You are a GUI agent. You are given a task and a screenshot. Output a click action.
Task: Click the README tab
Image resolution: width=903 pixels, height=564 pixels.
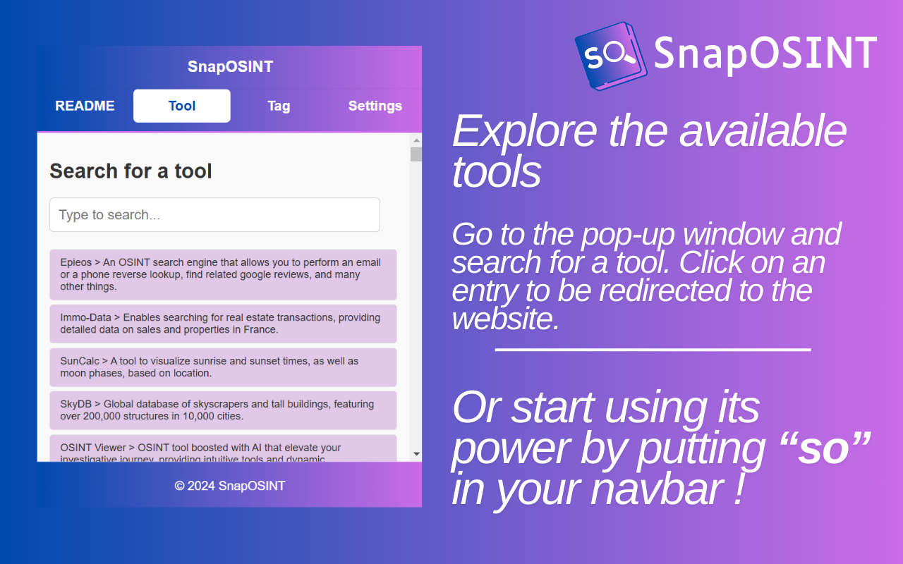(x=85, y=106)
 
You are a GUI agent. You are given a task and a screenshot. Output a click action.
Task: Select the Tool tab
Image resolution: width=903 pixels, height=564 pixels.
(x=182, y=106)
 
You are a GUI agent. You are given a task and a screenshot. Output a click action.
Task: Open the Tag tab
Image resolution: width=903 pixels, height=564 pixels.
(x=279, y=106)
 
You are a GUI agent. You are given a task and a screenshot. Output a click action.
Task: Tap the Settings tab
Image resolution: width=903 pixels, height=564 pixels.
(x=375, y=106)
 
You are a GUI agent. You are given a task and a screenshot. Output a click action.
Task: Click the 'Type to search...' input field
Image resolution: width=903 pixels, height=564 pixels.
(x=214, y=215)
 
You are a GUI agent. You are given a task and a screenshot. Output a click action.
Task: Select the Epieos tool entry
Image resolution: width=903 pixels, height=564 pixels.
(x=223, y=274)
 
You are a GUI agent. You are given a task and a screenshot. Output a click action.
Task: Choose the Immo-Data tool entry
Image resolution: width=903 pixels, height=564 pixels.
(x=223, y=324)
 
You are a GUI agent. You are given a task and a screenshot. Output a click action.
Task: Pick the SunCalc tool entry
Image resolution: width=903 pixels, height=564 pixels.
(x=223, y=367)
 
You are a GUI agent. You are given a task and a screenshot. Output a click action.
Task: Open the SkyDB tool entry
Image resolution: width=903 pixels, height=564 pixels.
(x=223, y=410)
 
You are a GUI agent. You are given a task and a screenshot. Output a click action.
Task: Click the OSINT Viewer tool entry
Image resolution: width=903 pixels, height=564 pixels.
(x=223, y=448)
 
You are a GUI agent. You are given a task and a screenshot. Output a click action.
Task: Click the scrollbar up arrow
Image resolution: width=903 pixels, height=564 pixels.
(x=416, y=140)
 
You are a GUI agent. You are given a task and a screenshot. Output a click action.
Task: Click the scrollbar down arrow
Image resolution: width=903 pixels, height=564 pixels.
(x=416, y=454)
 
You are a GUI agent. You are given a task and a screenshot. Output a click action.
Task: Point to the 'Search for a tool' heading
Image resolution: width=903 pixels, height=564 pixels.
(x=131, y=171)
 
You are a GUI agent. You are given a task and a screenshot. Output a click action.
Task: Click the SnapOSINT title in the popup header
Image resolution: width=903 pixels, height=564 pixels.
(x=230, y=67)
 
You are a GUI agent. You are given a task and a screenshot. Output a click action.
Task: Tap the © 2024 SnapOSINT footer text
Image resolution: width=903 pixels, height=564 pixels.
(x=230, y=486)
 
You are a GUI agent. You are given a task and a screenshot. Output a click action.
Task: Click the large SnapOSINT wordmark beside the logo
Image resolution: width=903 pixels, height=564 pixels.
(x=765, y=53)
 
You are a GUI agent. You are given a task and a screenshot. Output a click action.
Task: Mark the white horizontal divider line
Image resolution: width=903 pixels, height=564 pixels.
(x=653, y=350)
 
